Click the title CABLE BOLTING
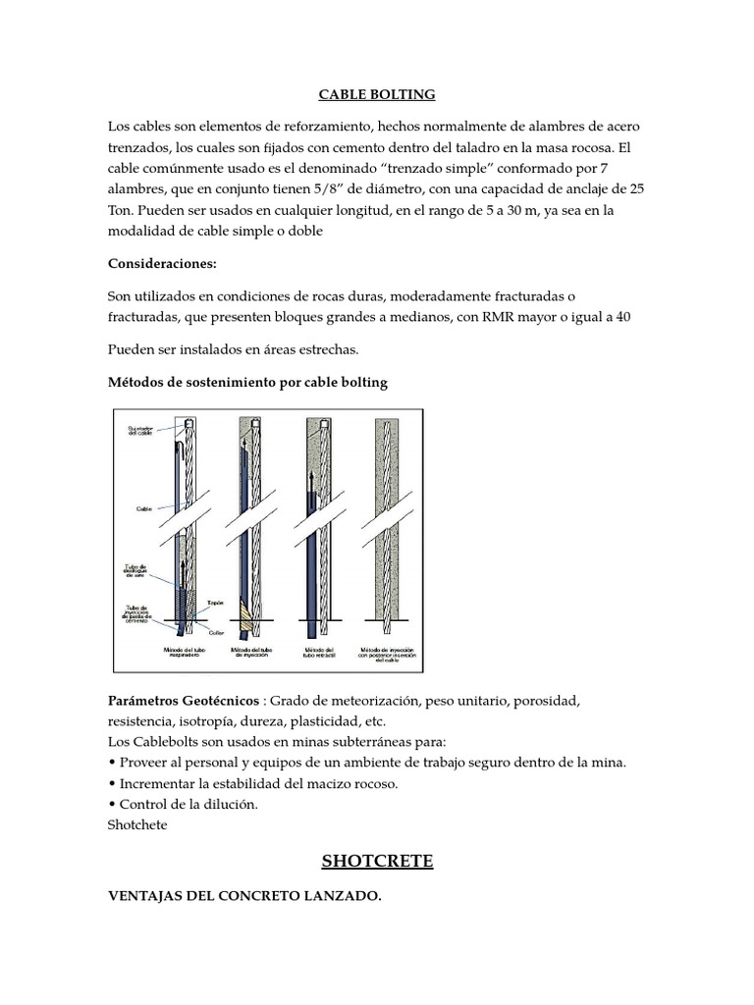click(376, 95)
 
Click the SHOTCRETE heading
click(377, 862)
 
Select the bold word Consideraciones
click(161, 265)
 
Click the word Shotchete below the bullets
click(137, 824)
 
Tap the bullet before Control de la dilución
click(111, 804)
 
